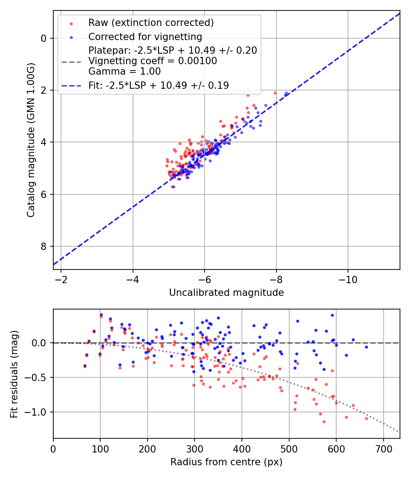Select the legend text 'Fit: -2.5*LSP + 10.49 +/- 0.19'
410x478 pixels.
click(159, 85)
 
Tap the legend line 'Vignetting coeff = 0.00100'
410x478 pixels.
click(153, 61)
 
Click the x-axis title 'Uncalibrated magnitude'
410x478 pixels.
click(226, 293)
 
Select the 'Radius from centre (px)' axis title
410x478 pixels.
click(226, 462)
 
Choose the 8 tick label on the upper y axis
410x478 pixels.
click(44, 247)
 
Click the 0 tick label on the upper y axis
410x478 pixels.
click(44, 38)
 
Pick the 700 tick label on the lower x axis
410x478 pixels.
click(383, 448)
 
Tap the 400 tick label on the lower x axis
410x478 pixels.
click(241, 448)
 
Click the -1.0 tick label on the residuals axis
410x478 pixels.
click(39, 412)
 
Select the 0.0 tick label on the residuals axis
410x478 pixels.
click(41, 343)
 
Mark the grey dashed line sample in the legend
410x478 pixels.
click(72, 61)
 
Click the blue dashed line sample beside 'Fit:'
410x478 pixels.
click(72, 85)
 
